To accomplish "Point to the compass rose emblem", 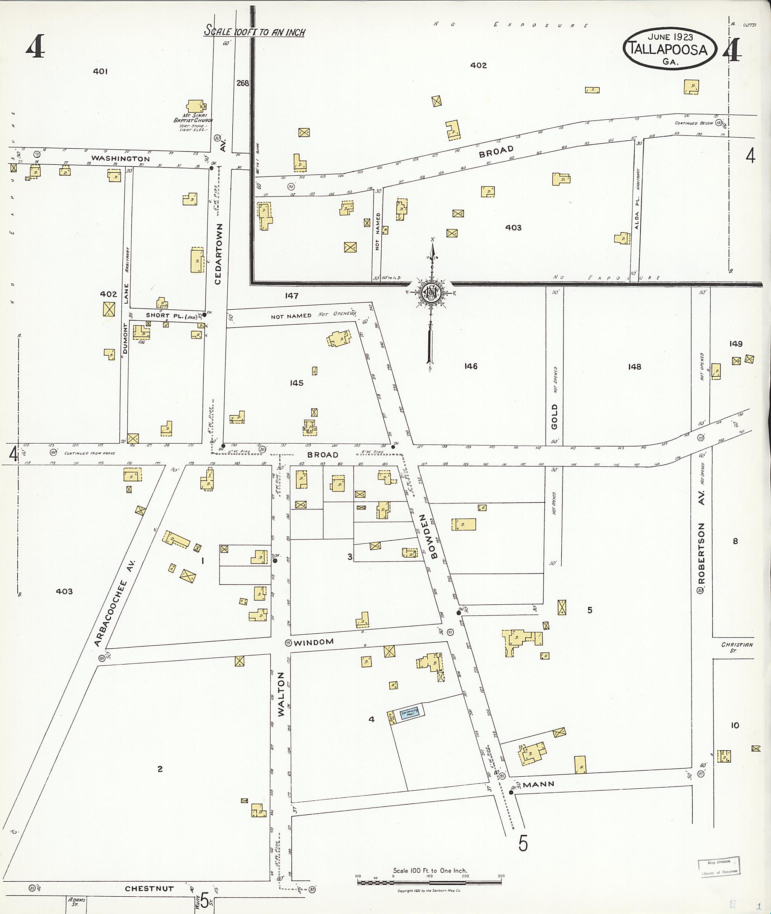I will (x=432, y=292).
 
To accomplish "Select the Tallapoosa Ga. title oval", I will (x=670, y=49).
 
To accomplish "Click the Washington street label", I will (x=120, y=158).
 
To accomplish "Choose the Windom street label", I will (x=314, y=642).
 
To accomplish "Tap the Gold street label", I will (x=554, y=417).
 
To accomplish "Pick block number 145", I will (x=296, y=383).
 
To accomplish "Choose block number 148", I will (x=634, y=367).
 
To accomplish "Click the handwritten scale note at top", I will (x=255, y=32).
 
